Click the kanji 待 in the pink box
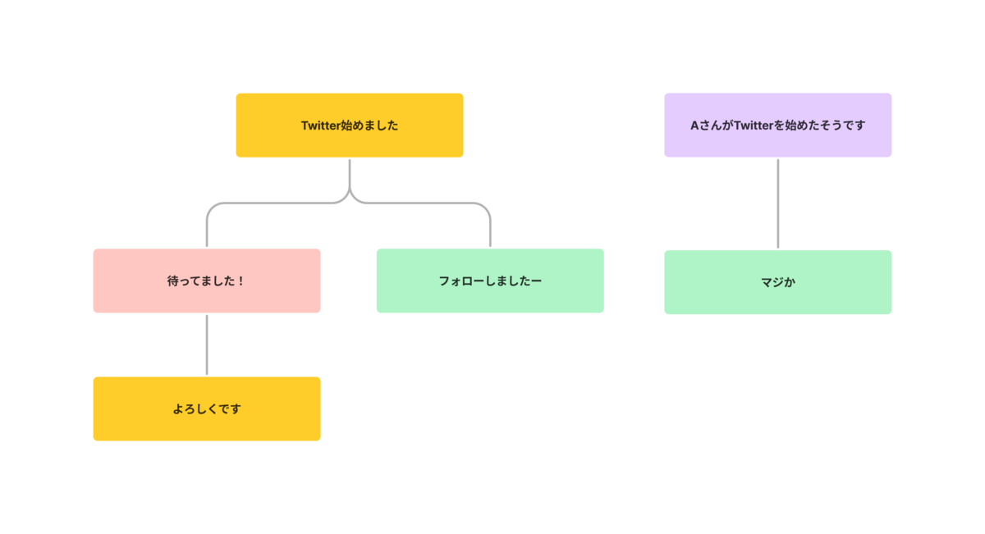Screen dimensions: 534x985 click(173, 281)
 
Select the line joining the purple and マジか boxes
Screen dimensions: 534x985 click(778, 203)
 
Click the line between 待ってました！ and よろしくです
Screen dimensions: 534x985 click(207, 345)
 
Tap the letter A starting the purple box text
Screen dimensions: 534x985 click(694, 126)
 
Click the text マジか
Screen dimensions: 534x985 click(778, 283)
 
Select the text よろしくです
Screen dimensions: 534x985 click(207, 409)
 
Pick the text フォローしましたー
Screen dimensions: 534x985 click(490, 281)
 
